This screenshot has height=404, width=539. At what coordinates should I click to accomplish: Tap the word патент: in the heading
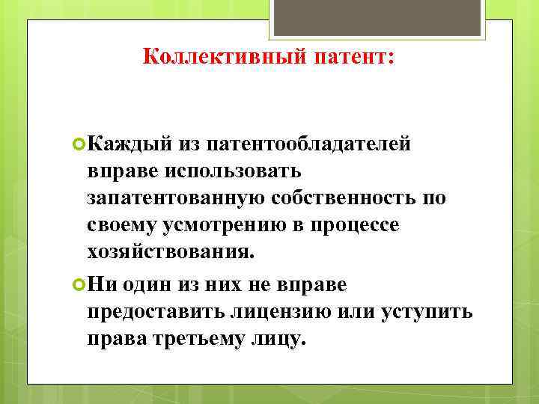[x=349, y=57]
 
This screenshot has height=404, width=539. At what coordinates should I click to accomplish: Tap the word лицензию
[x=283, y=310]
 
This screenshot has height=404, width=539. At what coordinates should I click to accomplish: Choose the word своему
[x=117, y=225]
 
